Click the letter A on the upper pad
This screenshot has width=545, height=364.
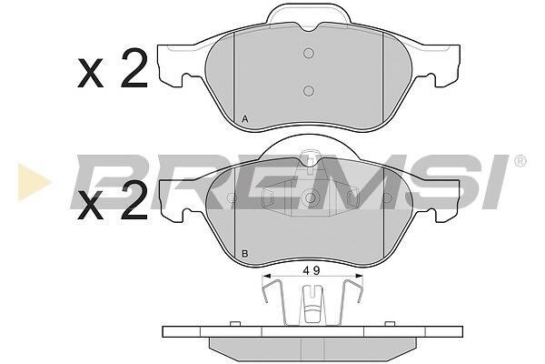[x=245, y=119]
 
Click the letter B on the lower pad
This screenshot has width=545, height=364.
[x=245, y=254]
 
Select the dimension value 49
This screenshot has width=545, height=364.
[x=311, y=270]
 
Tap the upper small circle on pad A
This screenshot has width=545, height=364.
[x=309, y=53]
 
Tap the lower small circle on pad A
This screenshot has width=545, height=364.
[x=309, y=91]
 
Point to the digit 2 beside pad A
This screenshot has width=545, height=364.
[x=134, y=68]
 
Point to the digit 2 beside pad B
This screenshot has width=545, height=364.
[x=134, y=201]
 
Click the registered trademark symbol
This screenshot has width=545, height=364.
[x=520, y=161]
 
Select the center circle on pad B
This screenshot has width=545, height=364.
[x=311, y=198]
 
